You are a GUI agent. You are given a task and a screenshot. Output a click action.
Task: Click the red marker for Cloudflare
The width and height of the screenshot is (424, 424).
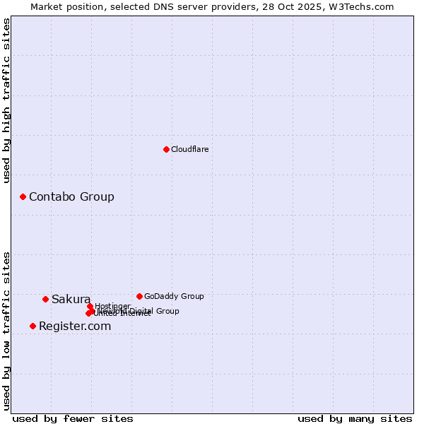166,149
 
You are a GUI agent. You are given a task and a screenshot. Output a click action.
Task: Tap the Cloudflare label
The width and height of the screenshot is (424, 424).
189,149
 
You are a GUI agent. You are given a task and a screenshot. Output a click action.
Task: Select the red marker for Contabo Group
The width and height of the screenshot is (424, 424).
23,196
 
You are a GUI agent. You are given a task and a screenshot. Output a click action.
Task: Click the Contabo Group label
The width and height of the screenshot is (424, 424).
71,196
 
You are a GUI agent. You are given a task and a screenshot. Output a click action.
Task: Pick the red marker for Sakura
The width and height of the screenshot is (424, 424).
45,299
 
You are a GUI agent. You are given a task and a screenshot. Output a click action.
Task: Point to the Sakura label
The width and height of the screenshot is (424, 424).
71,299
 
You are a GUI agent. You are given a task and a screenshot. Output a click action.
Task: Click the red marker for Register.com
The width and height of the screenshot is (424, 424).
33,326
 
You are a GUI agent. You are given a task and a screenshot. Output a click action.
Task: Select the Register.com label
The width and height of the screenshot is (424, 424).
75,326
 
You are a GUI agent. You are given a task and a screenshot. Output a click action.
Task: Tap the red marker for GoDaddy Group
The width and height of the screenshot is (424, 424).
139,296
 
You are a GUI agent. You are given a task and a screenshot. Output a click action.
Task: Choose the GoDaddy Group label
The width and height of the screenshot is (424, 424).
174,296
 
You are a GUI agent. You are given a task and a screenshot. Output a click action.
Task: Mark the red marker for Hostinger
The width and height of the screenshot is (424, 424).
90,306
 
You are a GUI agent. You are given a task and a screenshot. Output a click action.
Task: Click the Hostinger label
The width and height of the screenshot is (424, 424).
112,306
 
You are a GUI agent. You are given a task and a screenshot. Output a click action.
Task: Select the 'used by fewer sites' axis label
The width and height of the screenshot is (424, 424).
73,418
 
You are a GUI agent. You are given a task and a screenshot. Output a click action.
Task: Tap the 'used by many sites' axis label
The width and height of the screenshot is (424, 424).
355,418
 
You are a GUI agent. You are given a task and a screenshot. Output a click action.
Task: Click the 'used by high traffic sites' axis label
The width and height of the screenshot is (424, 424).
7,100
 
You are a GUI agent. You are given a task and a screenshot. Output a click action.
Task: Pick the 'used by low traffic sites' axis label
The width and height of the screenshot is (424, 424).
7,331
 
